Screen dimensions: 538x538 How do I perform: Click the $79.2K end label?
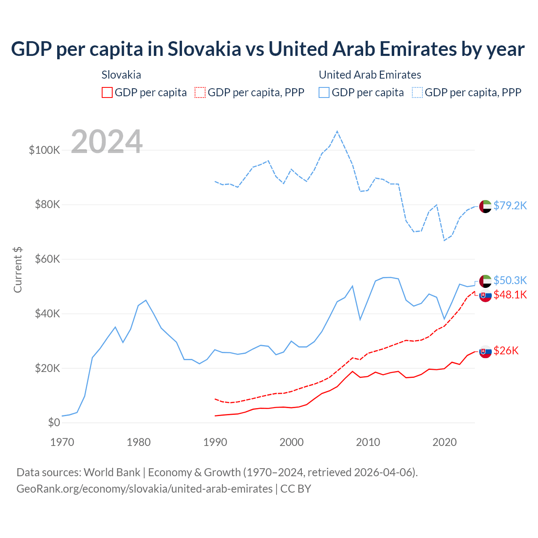[x=510, y=206]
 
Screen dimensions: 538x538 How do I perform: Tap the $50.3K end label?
[x=510, y=280]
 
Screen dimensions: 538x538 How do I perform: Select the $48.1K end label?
[x=510, y=295]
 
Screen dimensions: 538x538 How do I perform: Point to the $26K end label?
[x=506, y=351]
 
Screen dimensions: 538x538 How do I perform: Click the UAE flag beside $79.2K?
[x=485, y=206]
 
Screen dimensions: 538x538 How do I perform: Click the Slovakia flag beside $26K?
[x=485, y=352]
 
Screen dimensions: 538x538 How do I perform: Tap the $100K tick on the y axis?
[x=45, y=150]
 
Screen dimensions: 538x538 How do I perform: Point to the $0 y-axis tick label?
[x=54, y=422]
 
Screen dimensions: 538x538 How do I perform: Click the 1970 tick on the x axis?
[x=62, y=442]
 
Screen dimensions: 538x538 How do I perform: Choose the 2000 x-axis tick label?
[x=292, y=442]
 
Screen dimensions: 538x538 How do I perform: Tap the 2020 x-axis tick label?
[x=445, y=442]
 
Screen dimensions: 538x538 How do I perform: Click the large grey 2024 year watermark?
[x=107, y=142]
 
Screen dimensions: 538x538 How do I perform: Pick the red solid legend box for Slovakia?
[x=107, y=92]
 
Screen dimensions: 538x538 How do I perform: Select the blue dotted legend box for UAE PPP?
[x=417, y=92]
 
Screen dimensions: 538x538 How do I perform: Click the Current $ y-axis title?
[x=18, y=270]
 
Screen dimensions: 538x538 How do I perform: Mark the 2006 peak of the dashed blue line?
[x=337, y=132]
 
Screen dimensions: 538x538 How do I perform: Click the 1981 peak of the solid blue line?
[x=146, y=300]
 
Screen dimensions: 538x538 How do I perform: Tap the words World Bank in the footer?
[x=112, y=472]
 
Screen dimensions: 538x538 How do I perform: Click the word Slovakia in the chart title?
[x=204, y=49]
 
